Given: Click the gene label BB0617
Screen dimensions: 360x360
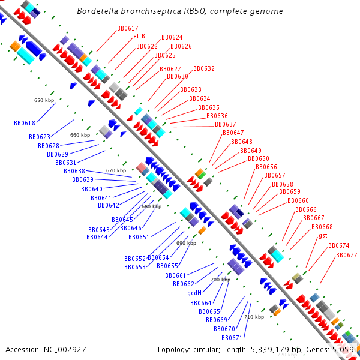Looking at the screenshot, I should point(127,28).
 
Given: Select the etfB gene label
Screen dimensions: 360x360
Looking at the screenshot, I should point(139,36).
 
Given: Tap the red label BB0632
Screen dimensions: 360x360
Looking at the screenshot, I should point(203,69).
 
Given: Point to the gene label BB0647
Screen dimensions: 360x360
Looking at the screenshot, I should point(233,133).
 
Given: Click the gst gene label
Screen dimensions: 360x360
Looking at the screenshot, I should point(323,236).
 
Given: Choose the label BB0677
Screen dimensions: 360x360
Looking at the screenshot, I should point(346,255).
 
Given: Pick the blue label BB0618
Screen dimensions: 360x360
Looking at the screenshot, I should point(25,123).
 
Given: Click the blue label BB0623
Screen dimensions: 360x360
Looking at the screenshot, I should point(40,137).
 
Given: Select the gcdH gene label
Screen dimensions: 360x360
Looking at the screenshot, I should point(194,293).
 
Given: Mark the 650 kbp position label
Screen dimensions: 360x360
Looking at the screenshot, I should point(44,100).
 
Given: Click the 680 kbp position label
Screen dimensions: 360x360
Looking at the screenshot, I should point(151,206).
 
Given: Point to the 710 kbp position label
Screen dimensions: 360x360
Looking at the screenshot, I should point(254,317).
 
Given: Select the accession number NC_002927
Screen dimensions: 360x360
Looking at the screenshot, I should point(65,349).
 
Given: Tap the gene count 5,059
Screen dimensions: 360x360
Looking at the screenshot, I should point(343,349).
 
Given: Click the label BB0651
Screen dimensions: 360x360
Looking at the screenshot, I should point(139,237).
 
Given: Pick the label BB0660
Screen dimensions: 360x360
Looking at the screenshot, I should point(298,200).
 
